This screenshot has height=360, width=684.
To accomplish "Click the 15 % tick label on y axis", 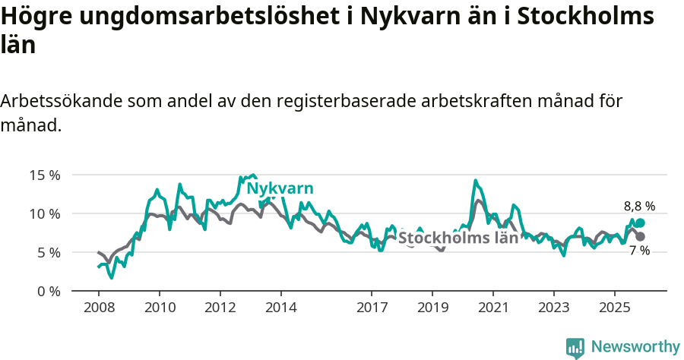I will [44, 175].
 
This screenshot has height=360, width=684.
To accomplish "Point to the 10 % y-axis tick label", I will [44, 214].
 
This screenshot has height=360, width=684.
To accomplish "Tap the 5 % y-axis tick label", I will [47, 253].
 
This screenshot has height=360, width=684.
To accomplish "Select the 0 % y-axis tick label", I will [47, 292].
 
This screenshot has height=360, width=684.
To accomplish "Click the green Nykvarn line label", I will [280, 189].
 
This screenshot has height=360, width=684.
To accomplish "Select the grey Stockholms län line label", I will [458, 237].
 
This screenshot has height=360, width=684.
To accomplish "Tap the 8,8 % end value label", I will [639, 206].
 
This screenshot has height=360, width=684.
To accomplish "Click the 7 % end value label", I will [639, 251].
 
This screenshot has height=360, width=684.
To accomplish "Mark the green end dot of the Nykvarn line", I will [640, 223].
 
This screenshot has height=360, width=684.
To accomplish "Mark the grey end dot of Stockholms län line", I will [640, 237].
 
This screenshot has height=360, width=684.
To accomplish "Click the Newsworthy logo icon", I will [575, 348].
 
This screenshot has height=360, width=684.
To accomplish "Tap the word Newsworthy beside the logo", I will [635, 347].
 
